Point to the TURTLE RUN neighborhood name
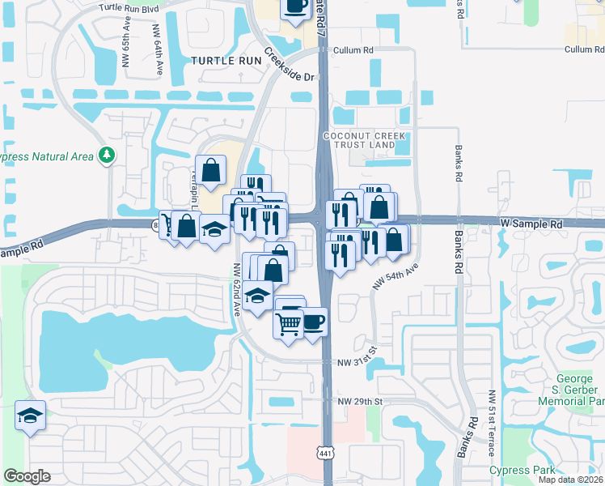227,61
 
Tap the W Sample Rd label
531,223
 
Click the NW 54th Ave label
395,277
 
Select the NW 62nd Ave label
235,290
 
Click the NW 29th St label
359,402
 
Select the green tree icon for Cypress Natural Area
106,155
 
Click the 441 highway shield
324,450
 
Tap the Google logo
27,476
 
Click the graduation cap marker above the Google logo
30,416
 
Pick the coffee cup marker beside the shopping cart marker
313,322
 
